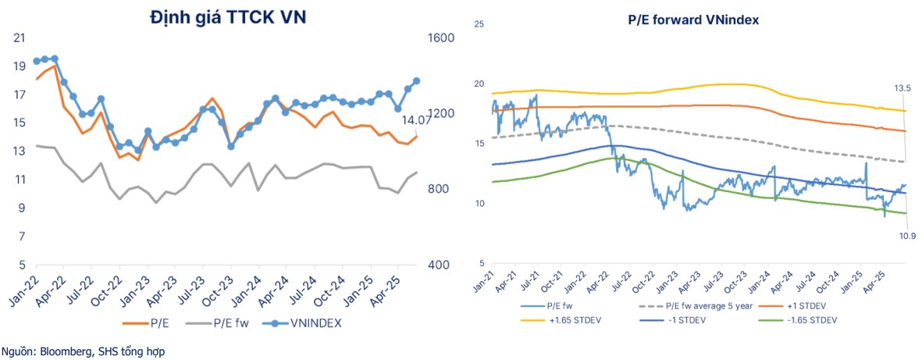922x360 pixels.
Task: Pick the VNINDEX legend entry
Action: [x=302, y=322]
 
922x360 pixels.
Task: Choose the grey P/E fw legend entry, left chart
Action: [x=218, y=322]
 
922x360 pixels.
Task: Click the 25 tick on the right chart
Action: [x=479, y=24]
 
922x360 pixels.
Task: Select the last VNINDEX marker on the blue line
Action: [x=416, y=80]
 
